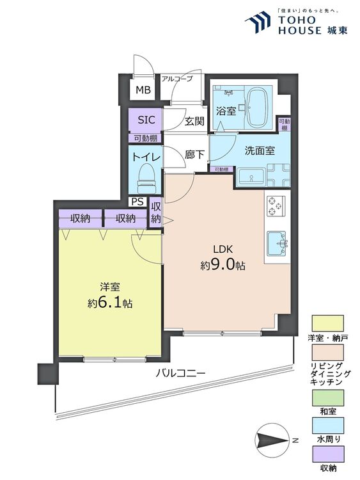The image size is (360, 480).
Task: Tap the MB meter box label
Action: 142,90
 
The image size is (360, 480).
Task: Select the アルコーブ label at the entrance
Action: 177,79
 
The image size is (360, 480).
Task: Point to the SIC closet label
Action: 145,120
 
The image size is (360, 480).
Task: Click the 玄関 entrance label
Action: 194,121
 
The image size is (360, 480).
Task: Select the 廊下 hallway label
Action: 194,155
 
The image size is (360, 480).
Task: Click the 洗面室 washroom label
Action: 260,152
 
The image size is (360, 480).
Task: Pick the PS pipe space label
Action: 136,202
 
